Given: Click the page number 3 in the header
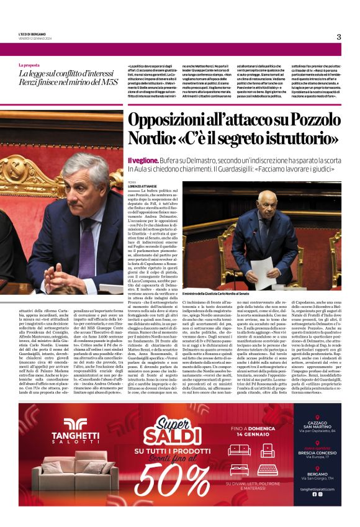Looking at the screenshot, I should [x=339, y=37].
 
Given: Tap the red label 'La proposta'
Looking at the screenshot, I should [x=29, y=65].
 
